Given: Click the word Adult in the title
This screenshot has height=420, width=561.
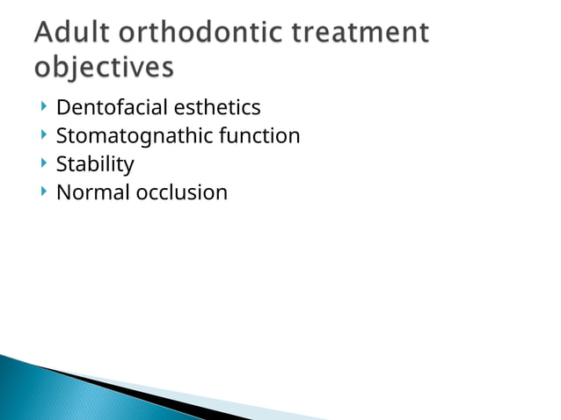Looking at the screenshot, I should click(x=72, y=34).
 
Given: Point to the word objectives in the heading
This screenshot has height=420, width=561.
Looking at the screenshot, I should click(x=104, y=68).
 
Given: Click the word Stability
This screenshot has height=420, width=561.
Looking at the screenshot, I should click(x=95, y=164).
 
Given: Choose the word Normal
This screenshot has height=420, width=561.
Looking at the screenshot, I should click(x=92, y=192).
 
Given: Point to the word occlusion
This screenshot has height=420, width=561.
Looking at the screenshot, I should click(x=181, y=192).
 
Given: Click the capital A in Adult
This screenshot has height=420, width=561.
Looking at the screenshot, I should click(x=46, y=34).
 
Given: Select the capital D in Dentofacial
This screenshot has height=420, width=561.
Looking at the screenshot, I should click(x=62, y=108).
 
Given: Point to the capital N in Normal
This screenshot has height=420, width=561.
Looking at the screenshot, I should click(x=63, y=192).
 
